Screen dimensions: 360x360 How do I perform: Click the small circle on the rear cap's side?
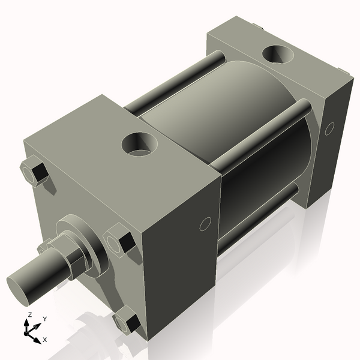click(329, 128)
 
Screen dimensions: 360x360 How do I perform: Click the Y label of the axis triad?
click(44, 319)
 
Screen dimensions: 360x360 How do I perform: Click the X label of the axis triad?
click(44, 340)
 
